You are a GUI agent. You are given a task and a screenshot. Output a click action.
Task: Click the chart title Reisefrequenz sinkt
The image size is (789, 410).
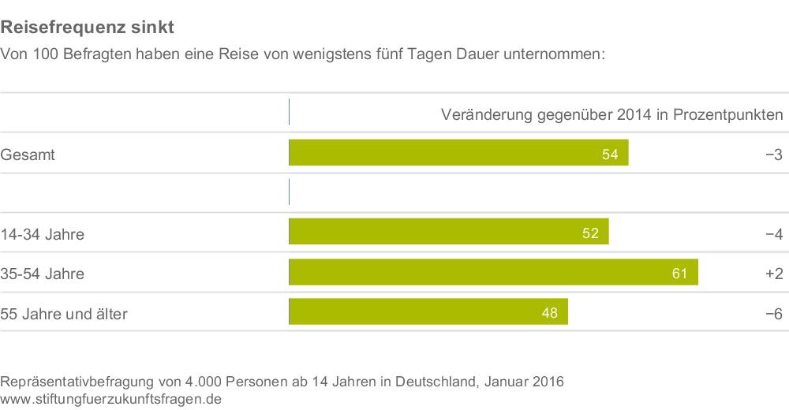click(87, 28)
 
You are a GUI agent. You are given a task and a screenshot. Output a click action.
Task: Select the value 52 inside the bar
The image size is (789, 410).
click(590, 233)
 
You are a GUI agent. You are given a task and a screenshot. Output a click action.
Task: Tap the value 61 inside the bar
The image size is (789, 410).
click(680, 274)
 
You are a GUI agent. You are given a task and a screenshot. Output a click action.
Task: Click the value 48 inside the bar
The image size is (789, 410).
click(549, 314)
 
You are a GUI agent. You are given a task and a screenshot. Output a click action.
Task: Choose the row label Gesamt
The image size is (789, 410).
click(28, 155)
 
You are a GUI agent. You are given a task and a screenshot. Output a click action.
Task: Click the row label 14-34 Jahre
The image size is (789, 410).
click(43, 234)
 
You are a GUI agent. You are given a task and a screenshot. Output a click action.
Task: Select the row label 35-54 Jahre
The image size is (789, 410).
click(43, 274)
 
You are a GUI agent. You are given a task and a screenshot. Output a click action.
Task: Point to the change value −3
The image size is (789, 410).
click(772, 155)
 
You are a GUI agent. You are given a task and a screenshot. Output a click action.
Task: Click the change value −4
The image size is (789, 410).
click(772, 234)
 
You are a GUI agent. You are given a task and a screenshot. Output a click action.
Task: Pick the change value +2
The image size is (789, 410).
click(772, 274)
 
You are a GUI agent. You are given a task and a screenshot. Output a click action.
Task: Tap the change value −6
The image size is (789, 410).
click(772, 314)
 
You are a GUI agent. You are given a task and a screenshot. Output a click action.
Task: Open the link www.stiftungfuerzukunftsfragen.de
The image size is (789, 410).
click(111, 399)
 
